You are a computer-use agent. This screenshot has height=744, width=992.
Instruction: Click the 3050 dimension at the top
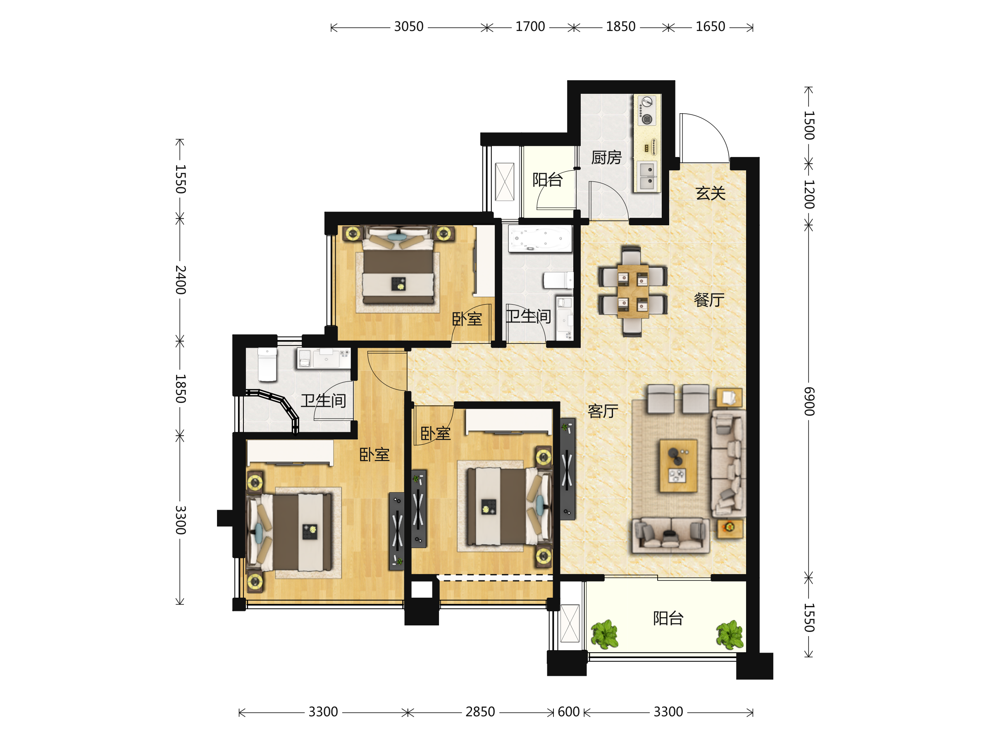coord(408,27)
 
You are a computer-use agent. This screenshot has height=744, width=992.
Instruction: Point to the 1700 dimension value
coord(530,27)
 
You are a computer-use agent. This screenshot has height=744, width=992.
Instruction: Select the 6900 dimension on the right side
coord(808,401)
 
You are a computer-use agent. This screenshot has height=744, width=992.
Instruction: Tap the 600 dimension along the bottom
coord(569,712)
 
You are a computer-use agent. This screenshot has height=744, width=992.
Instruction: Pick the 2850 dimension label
coord(480,712)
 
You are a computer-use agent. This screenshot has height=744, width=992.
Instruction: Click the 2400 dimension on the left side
coord(180,280)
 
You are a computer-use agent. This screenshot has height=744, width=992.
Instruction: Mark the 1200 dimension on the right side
coord(808,195)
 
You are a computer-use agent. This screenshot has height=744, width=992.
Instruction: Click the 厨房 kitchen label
coord(606,157)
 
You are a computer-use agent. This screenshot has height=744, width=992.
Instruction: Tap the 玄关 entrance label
coord(711,193)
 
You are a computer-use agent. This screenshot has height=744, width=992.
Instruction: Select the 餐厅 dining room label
coord(709,300)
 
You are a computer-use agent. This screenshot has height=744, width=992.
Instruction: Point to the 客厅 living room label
coord(603,411)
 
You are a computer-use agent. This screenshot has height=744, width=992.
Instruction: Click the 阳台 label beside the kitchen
coord(548,180)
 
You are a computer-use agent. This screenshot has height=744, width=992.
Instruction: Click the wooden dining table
coord(633,291)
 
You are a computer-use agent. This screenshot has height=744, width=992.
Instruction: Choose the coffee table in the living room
coord(678,465)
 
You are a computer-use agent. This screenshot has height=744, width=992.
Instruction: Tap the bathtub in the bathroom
coord(540,238)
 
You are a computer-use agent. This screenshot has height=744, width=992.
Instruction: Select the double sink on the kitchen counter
coord(647,176)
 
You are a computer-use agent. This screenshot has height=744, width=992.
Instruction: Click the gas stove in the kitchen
coord(646,110)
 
